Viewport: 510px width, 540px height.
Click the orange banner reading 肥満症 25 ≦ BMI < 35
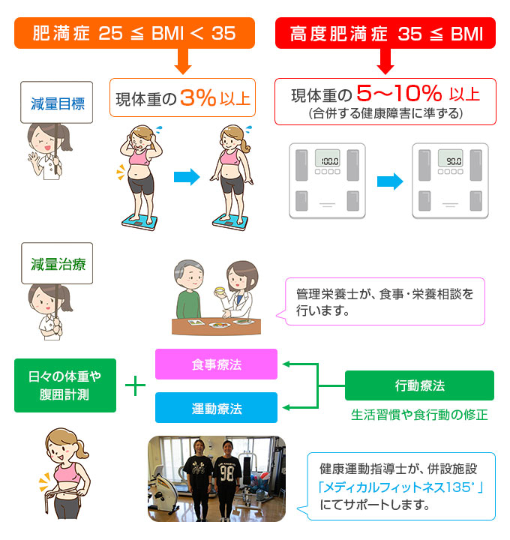(133, 33)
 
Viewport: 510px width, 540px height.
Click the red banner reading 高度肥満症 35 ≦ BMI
(385, 33)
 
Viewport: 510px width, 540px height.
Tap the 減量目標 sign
(57, 103)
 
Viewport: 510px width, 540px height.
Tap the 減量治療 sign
(57, 263)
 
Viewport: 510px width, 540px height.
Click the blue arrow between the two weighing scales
(389, 181)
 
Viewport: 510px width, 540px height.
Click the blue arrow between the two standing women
(187, 178)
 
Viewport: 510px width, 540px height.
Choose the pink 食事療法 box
(216, 364)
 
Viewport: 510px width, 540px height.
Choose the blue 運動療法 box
(216, 408)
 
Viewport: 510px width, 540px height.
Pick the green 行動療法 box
(419, 385)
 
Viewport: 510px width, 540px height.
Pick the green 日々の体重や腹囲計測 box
(65, 385)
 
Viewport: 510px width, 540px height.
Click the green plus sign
(136, 385)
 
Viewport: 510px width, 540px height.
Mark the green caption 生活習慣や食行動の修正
(419, 414)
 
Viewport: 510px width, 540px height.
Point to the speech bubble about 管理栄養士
(385, 301)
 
